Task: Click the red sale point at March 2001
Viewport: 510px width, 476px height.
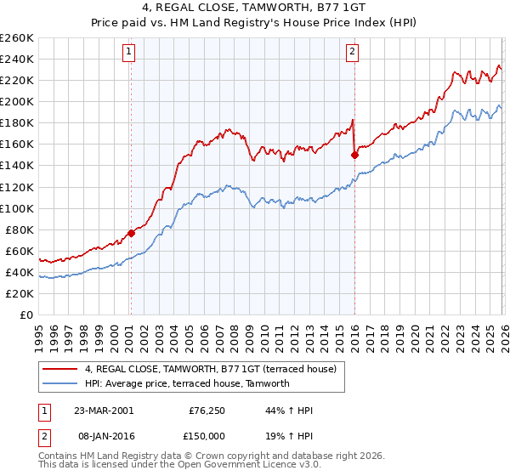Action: [131, 233]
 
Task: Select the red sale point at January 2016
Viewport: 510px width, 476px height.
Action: [354, 155]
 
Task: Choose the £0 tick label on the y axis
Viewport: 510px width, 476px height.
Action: [26, 314]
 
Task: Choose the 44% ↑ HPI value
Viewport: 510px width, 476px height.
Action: [290, 411]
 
